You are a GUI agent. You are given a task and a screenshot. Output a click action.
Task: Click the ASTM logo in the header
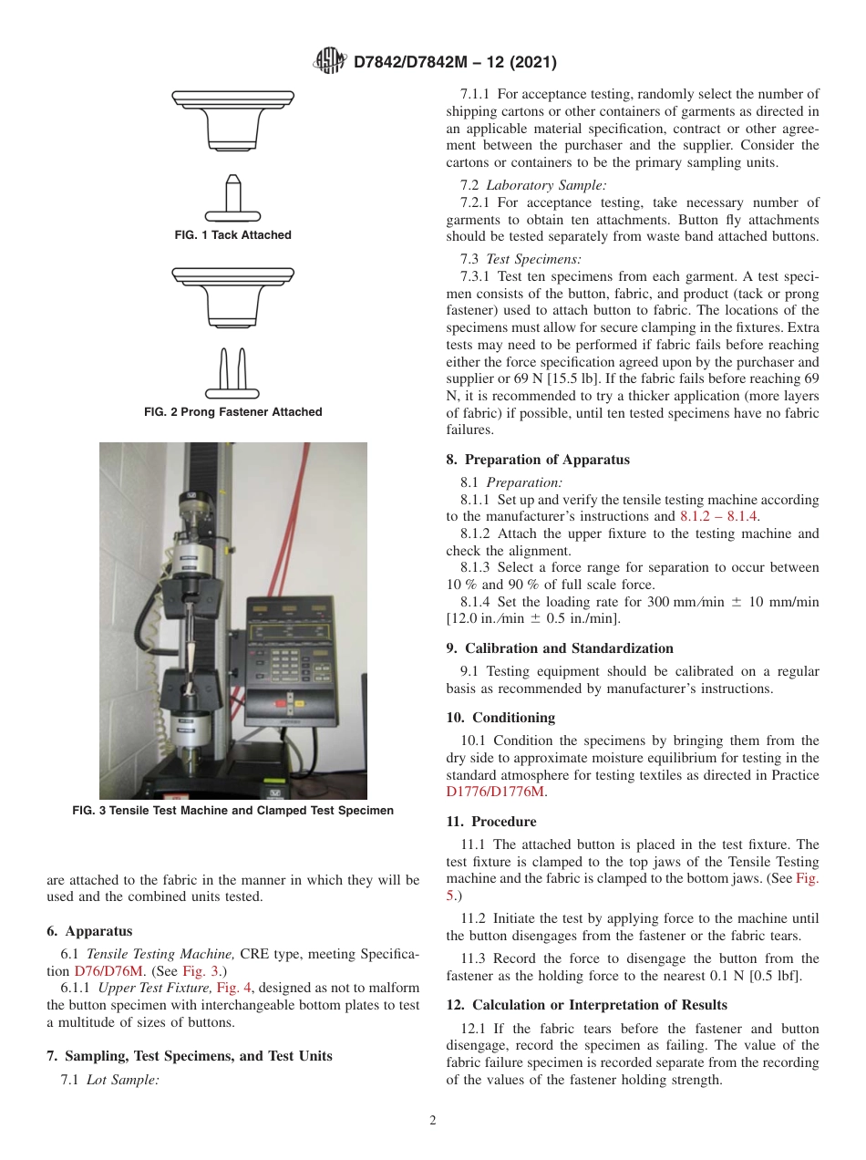(329, 62)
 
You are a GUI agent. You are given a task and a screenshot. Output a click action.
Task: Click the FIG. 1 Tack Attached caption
(233, 235)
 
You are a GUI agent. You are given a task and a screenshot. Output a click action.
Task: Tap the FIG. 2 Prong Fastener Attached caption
(233, 412)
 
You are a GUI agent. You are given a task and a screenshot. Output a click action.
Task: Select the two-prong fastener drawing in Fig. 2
(233, 374)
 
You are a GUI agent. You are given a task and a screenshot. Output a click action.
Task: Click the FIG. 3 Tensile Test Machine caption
(233, 811)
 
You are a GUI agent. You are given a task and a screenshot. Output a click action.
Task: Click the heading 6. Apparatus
(89, 931)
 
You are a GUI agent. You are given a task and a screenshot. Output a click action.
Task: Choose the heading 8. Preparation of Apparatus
(538, 460)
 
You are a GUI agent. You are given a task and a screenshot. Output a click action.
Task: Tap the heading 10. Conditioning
(500, 718)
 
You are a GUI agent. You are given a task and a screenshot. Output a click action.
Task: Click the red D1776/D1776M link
(495, 792)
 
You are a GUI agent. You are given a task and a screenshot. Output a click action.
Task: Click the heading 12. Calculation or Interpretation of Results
(586, 1005)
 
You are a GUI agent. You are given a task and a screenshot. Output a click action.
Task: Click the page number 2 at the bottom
(433, 1121)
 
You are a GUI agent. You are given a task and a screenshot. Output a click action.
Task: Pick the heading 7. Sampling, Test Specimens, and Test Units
(190, 1056)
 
